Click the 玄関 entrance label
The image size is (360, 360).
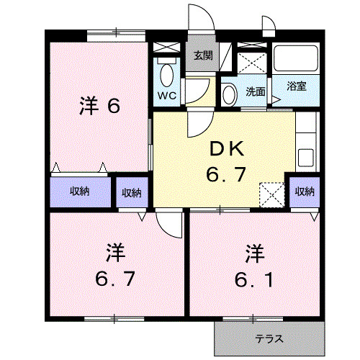202,55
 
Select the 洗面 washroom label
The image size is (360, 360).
255,91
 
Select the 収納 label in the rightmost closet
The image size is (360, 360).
305,191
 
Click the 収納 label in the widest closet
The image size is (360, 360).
80,191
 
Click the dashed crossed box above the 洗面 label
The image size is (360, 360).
252,57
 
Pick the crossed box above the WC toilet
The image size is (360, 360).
167,47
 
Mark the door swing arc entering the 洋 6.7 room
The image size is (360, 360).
170,224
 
